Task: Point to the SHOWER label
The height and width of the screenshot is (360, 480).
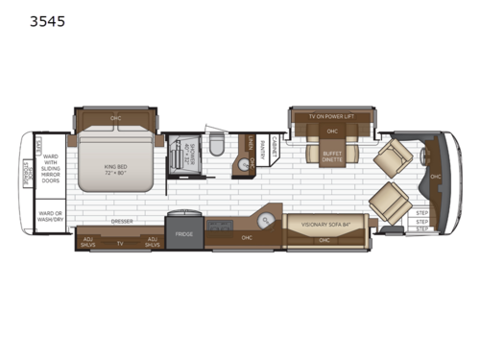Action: [191, 154]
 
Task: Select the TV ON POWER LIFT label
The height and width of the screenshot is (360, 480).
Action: [331, 116]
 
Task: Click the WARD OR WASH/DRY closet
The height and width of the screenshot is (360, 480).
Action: [50, 217]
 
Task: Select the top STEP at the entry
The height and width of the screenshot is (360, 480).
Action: [422, 213]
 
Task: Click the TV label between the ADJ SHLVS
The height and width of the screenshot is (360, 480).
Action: [119, 243]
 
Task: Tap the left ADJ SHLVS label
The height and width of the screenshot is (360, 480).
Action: [88, 242]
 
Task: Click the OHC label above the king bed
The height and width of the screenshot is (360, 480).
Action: [115, 118]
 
